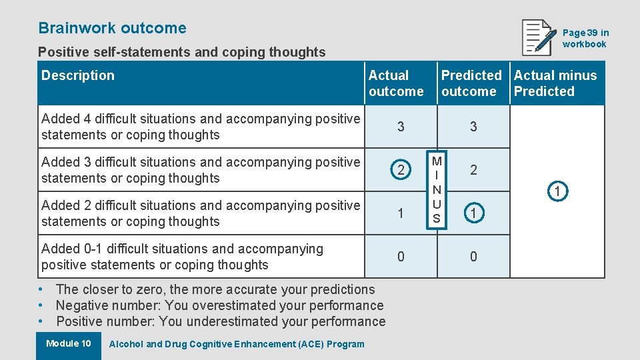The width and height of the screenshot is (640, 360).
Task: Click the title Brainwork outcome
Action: [x=112, y=28]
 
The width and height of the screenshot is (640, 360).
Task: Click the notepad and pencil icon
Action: [x=539, y=37]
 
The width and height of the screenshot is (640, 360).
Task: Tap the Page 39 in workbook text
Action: [x=585, y=38]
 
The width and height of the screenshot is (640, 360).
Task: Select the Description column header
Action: [x=78, y=75]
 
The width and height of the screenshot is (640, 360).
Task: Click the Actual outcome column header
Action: [x=396, y=83]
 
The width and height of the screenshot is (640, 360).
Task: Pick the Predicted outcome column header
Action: [x=471, y=83]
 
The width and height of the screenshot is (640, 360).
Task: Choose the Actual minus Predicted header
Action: [x=555, y=83]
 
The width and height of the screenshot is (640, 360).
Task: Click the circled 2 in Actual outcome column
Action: [x=401, y=170]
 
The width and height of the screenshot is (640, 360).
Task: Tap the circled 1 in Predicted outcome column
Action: [x=473, y=213]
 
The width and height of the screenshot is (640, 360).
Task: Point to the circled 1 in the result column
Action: [x=558, y=192]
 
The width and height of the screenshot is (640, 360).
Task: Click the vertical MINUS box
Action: [x=437, y=190]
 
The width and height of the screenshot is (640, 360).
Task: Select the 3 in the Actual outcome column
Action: [x=401, y=127]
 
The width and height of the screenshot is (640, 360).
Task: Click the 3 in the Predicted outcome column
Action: [x=473, y=127]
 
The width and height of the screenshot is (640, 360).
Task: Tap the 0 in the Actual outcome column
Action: [x=401, y=257]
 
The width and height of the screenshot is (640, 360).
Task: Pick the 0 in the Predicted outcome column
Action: [x=473, y=257]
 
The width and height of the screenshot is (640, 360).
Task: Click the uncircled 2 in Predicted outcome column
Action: [x=473, y=170]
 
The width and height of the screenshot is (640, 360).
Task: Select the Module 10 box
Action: [x=69, y=344]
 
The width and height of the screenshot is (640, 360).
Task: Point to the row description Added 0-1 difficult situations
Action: [x=182, y=257]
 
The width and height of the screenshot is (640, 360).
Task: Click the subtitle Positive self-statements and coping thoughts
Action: [x=182, y=52]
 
